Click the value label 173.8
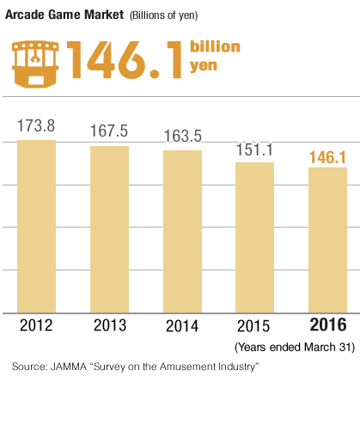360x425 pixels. [x=36, y=125]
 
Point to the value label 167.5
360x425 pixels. [x=109, y=131]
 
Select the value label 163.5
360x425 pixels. [x=182, y=135]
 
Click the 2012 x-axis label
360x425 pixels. [x=37, y=325]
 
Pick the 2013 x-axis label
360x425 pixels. [x=109, y=325]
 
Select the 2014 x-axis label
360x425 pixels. [x=182, y=325]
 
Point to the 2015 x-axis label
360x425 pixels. [x=254, y=325]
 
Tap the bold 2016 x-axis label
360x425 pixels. [x=327, y=325]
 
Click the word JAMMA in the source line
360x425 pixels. [x=70, y=367]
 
